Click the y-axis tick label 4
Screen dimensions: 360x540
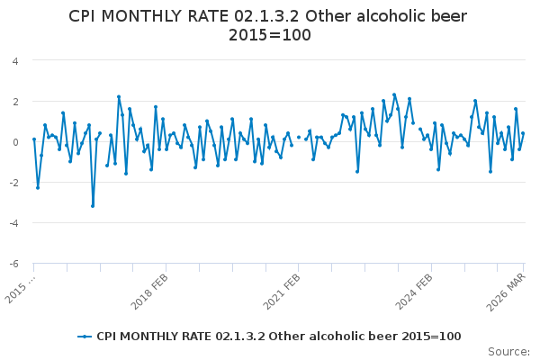(15, 61)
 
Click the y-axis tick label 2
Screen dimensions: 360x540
(15, 102)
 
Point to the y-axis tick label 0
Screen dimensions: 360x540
(15, 142)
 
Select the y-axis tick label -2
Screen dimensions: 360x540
(13, 183)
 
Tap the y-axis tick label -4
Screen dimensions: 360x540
(13, 223)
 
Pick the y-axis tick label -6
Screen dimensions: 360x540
(13, 264)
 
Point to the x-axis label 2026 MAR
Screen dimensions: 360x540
(509, 286)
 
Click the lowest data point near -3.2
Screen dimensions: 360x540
(92, 206)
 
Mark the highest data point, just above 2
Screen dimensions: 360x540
(394, 94)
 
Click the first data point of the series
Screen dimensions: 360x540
(34, 139)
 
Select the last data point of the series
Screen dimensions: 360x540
(523, 133)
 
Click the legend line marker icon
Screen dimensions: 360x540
(85, 336)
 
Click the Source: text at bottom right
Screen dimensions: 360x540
(509, 351)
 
